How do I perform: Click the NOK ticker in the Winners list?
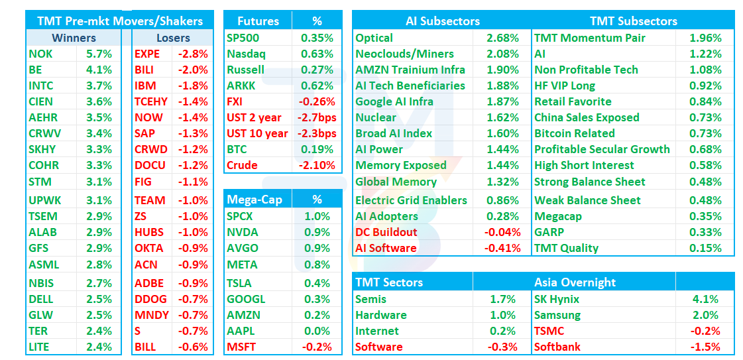point(40,54)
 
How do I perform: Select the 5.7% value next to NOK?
point(99,54)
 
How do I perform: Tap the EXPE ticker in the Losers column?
point(147,54)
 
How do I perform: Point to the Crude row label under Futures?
point(242,165)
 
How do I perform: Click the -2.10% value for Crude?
point(317,165)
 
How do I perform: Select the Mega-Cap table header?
point(255,200)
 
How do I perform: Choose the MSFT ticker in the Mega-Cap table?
point(241,347)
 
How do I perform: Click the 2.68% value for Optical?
point(503,38)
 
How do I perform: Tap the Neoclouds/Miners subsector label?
point(405,54)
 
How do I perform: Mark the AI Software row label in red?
point(386,248)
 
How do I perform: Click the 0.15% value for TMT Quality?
point(706,248)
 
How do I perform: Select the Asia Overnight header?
point(575,283)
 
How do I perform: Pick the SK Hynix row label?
point(557,300)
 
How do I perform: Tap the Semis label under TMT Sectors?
point(371,300)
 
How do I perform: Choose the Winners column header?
point(74,38)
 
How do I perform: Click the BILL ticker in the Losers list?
point(145,347)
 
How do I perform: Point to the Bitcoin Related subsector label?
point(574,133)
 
